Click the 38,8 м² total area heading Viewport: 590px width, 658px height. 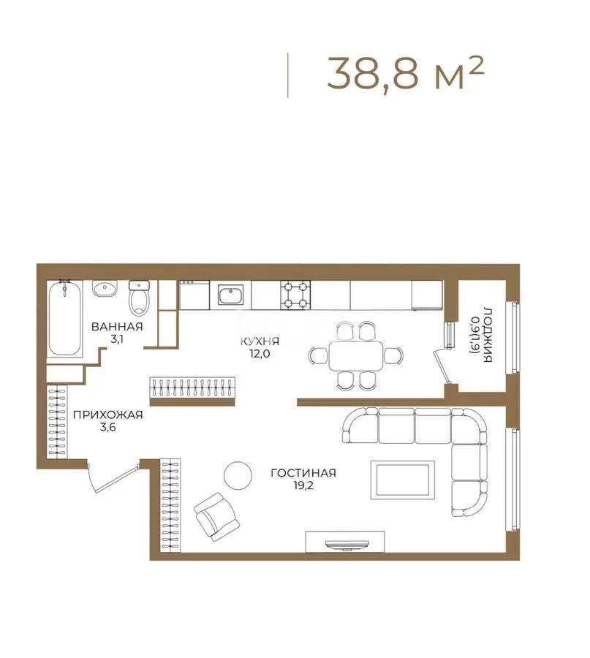tap(405, 73)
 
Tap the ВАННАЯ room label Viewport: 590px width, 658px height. tap(117, 327)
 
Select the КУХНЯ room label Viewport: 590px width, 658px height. tap(260, 341)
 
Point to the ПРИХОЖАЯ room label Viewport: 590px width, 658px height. tap(108, 415)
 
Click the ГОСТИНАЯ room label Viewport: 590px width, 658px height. tap(303, 473)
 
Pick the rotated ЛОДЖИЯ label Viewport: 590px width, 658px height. tap(488, 336)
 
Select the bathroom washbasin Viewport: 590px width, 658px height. tap(105, 288)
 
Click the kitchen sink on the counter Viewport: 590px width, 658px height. tap(230, 295)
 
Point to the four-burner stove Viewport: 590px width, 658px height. tap(296, 295)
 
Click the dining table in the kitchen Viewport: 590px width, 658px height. tap(356, 356)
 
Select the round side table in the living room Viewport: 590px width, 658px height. tap(238, 474)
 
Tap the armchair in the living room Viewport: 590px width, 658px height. tap(216, 517)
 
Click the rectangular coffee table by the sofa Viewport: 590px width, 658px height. tap(402, 480)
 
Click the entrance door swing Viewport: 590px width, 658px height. tap(113, 477)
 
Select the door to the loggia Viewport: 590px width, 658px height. tap(443, 367)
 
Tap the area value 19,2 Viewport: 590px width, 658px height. tap(303, 486)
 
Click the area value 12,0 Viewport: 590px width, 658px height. tap(260, 354)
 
